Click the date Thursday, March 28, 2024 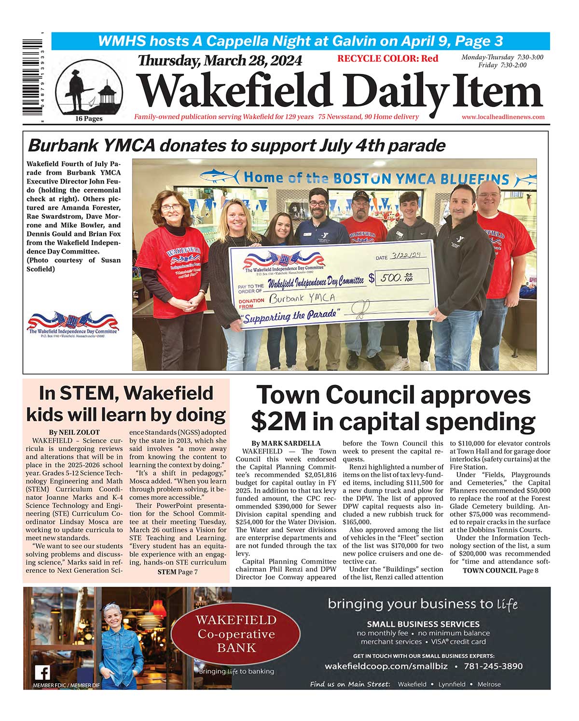coord(220,61)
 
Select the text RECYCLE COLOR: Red coord(387,59)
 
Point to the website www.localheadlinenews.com coord(503,117)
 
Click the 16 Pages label coord(89,119)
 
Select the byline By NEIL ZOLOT coord(74,432)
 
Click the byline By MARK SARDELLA coord(286,443)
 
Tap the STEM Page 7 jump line coord(178,572)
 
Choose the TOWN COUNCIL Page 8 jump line coord(500,570)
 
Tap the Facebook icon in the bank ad coord(42,673)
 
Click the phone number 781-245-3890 coord(493,666)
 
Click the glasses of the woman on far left coord(171,208)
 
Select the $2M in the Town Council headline coord(278,422)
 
